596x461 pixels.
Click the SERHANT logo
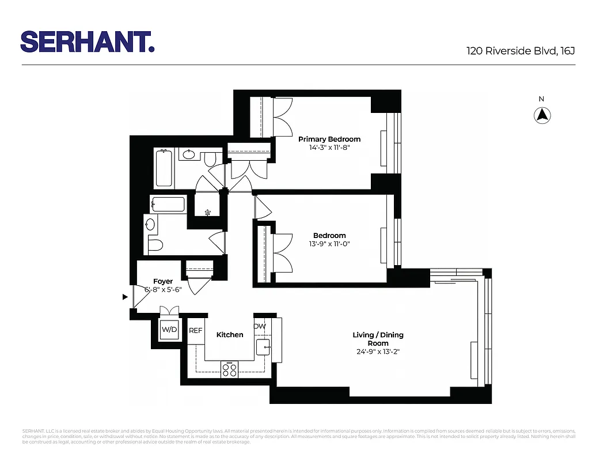coord(87,41)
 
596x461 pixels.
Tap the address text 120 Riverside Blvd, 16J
coord(521,51)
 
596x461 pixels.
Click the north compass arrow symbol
coord(541,115)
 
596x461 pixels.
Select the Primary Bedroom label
coord(329,139)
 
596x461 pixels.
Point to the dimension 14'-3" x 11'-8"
coord(329,148)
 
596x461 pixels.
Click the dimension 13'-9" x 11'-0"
coord(329,244)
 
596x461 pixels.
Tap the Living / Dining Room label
coord(378,339)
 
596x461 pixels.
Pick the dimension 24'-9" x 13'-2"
coord(378,351)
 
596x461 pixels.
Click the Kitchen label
coord(229,335)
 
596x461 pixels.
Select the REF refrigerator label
coord(196,331)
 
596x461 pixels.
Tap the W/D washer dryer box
coord(169,330)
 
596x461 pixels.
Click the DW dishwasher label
coord(260,327)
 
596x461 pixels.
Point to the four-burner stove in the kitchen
coord(229,369)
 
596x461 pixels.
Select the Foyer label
coord(163,281)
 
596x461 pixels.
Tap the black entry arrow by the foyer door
coord(124,297)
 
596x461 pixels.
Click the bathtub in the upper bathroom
coord(164,168)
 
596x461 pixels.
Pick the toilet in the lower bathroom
coord(155,245)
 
